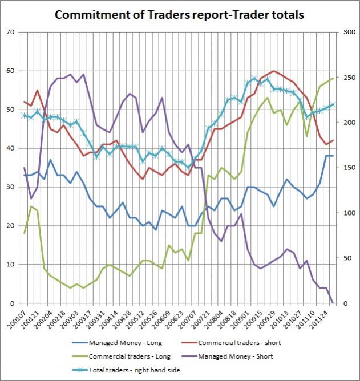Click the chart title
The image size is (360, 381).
pos(180,14)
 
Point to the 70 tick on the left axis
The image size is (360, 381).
pos(11,33)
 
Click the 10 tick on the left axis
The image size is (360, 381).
pos(11,265)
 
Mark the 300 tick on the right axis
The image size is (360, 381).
pos(347,33)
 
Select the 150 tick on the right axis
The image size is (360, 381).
pos(347,168)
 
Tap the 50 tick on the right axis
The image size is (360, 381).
pos(346,258)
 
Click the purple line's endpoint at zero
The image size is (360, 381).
pos(333,303)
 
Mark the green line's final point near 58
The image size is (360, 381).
pos(333,79)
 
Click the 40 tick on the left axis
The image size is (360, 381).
pos(11,148)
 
